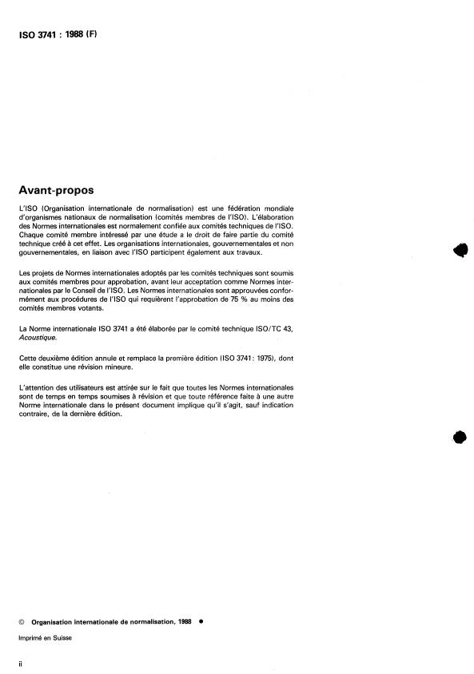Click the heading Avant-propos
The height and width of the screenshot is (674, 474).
pyautogui.click(x=55, y=191)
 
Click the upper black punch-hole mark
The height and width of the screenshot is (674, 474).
pyautogui.click(x=459, y=250)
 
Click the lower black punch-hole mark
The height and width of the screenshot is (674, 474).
pyautogui.click(x=459, y=437)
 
